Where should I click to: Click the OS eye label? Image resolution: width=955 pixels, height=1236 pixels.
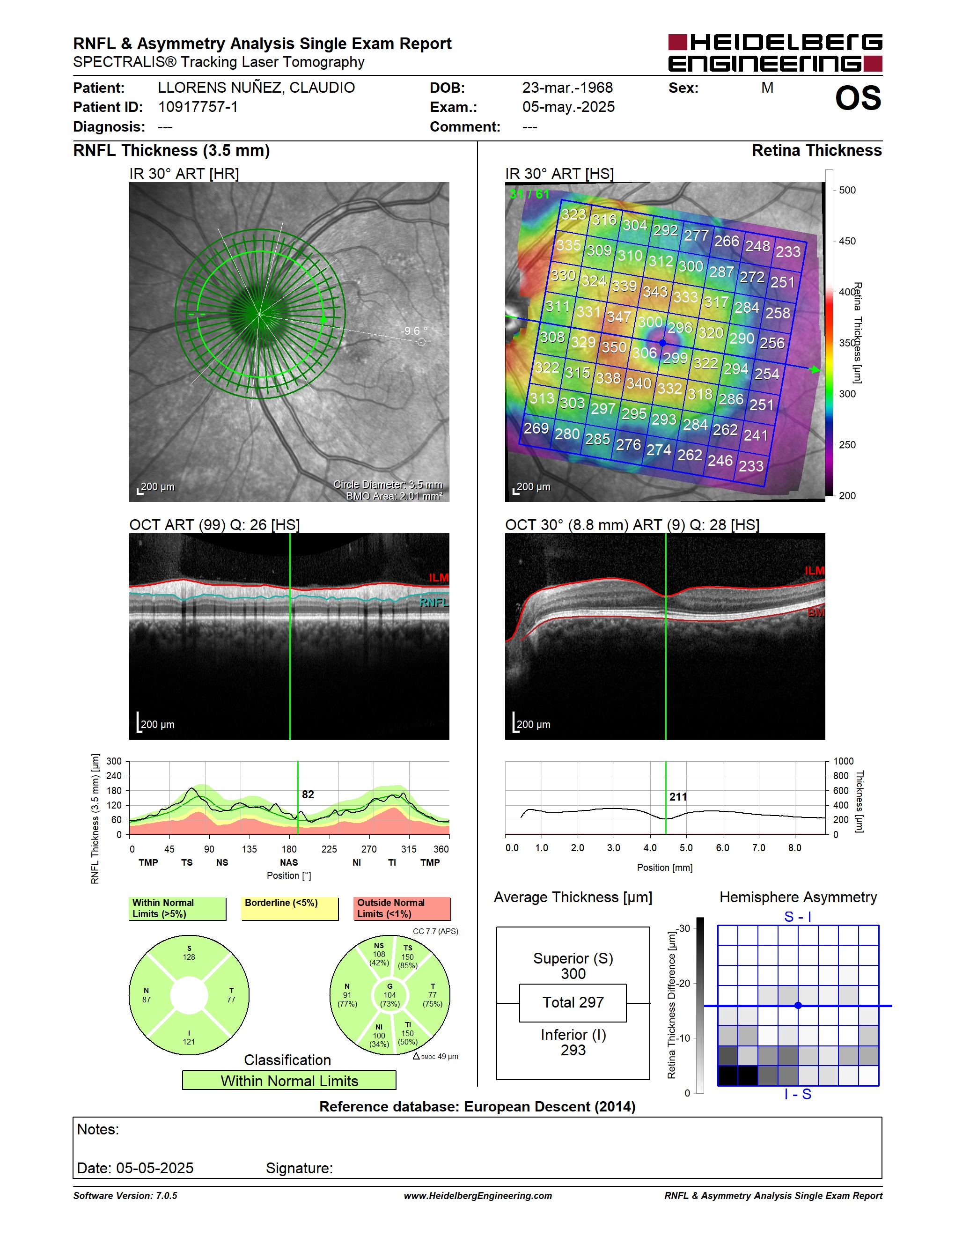[858, 98]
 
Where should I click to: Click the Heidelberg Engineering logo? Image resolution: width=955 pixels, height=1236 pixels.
[775, 52]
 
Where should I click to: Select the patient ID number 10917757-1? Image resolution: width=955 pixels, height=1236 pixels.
[198, 107]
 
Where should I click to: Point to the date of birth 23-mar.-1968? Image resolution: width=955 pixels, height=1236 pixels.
[567, 88]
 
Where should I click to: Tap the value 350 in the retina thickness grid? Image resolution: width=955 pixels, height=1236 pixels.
[614, 347]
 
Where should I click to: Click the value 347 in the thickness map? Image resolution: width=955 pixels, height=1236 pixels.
[619, 316]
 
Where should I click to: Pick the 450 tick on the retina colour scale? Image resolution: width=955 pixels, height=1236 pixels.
[847, 241]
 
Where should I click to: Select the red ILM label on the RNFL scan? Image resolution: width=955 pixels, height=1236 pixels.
[439, 577]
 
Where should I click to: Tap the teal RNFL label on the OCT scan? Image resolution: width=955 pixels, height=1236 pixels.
[434, 602]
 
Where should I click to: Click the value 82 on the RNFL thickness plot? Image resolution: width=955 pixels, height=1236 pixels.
[308, 795]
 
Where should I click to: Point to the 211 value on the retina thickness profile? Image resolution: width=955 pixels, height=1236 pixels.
[678, 797]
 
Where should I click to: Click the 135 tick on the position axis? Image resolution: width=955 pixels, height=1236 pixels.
[249, 849]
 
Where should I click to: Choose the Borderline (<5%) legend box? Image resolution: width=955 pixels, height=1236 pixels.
[290, 908]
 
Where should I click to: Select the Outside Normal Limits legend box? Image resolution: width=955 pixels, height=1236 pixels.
[402, 908]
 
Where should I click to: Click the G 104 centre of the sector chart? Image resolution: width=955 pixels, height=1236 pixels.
[390, 995]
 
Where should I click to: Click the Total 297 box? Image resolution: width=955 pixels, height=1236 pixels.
[573, 1003]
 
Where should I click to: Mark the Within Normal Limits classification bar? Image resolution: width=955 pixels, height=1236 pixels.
[289, 1081]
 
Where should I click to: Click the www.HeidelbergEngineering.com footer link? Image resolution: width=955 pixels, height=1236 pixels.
[477, 1195]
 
